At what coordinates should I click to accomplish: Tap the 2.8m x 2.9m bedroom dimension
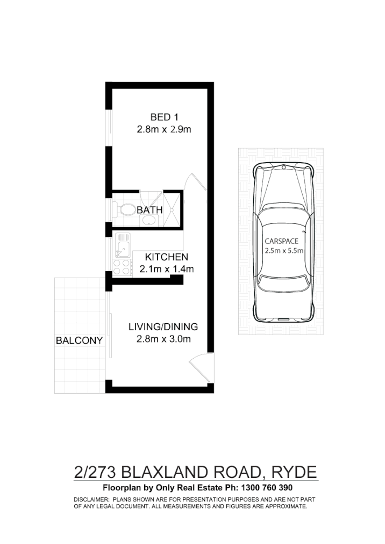(164, 129)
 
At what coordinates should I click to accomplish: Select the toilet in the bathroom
(127, 209)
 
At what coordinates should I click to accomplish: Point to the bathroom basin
(149, 221)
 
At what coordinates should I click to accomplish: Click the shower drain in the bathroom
(172, 211)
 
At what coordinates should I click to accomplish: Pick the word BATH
(149, 210)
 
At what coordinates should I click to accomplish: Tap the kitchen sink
(121, 248)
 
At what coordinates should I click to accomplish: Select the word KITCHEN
(166, 257)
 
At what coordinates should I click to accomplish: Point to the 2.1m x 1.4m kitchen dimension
(166, 269)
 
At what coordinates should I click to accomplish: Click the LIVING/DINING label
(163, 327)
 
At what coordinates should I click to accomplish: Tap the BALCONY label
(79, 340)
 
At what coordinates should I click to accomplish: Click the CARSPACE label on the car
(277, 242)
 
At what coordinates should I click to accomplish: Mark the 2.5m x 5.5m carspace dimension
(284, 250)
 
